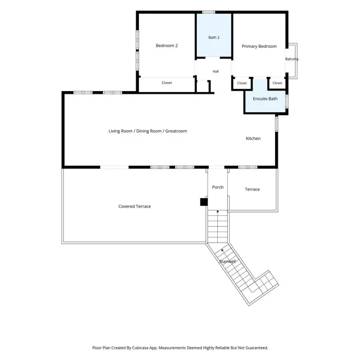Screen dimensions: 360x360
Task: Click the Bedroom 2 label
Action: tap(167, 45)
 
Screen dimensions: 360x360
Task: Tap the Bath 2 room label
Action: tap(214, 37)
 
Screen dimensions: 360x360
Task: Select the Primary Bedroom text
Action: tap(259, 46)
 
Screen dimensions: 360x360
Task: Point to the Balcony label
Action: tap(292, 59)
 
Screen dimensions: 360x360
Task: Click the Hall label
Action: tap(216, 72)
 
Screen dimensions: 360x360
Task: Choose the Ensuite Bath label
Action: tap(265, 99)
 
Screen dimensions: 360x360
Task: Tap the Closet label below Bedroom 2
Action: tap(167, 83)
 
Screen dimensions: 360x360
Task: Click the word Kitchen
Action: tap(253, 138)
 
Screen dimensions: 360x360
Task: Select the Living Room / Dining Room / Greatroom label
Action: tap(148, 131)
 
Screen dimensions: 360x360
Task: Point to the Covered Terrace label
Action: tap(135, 206)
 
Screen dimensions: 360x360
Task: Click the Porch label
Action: tap(218, 187)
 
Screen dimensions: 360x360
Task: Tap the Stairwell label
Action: tap(227, 262)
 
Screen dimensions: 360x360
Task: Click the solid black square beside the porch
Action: tap(204, 202)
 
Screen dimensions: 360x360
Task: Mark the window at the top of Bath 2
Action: tap(209, 12)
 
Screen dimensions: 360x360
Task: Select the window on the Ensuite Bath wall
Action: tap(287, 101)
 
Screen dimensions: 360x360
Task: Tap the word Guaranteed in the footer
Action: tap(256, 348)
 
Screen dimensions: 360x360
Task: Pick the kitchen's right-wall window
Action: tap(276, 124)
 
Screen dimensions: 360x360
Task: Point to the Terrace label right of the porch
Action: tap(252, 190)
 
